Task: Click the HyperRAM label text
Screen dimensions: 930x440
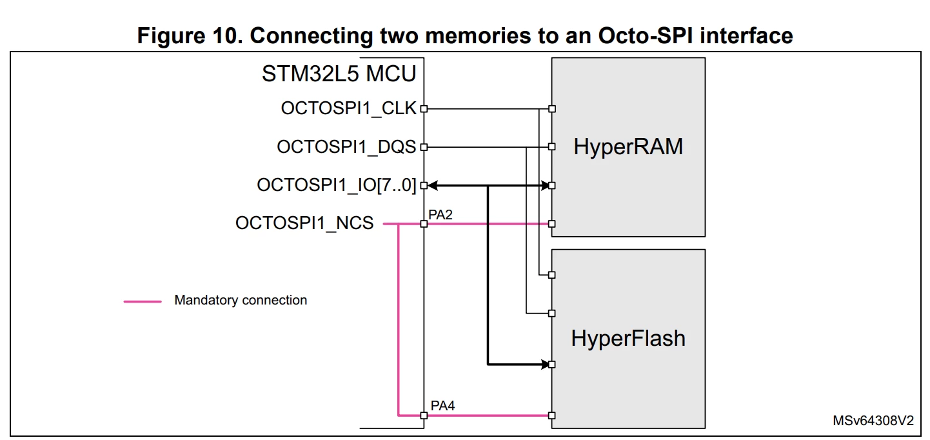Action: [x=628, y=147]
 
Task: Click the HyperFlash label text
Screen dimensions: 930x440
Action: [x=628, y=338]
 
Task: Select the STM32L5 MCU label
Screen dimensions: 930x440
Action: [x=339, y=74]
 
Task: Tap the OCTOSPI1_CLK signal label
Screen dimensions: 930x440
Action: [x=348, y=108]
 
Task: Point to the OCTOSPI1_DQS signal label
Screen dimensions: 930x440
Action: [x=346, y=147]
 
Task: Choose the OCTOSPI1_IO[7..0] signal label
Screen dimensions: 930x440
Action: [x=336, y=185]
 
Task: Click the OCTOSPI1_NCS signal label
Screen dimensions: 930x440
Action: [x=304, y=223]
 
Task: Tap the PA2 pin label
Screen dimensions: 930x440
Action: [x=440, y=215]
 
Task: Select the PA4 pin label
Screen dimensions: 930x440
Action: [x=442, y=406]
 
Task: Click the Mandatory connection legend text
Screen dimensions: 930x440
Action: [x=241, y=300]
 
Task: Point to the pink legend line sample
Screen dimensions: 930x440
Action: [x=143, y=302]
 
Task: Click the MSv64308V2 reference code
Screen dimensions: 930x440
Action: [x=873, y=421]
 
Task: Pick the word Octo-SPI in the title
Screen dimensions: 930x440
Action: [x=645, y=35]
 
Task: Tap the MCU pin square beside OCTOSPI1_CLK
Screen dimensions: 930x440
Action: [x=424, y=109]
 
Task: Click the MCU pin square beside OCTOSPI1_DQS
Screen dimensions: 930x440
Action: [x=424, y=147]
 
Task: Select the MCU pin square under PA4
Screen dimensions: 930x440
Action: [x=424, y=415]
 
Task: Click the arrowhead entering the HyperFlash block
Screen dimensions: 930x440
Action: [x=545, y=365]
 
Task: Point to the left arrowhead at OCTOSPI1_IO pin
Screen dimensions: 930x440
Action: [x=433, y=186]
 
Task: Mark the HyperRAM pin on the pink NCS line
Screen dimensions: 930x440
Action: [x=552, y=224]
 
